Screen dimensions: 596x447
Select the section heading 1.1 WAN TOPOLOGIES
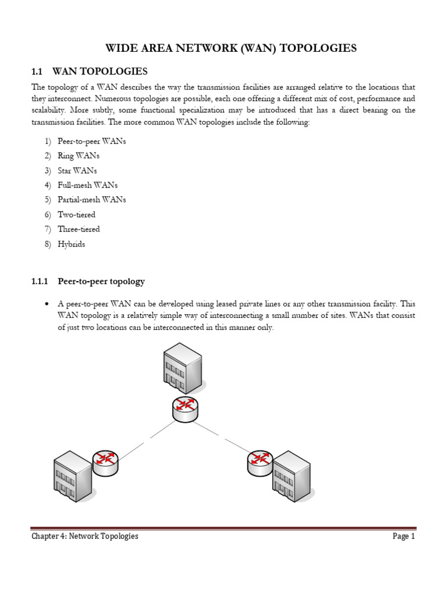pyautogui.click(x=90, y=72)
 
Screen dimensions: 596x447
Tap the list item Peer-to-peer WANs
pyautogui.click(x=91, y=141)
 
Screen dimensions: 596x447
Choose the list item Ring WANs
pyautogui.click(x=79, y=156)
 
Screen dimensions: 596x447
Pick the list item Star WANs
pyautogui.click(x=77, y=171)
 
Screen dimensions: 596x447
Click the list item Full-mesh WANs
pyautogui.click(x=87, y=185)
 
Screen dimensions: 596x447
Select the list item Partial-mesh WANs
pyautogui.click(x=91, y=200)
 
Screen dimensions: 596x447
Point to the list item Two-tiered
pyautogui.click(x=76, y=215)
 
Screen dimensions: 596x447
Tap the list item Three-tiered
pyautogui.click(x=79, y=229)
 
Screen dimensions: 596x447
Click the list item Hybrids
pyautogui.click(x=71, y=244)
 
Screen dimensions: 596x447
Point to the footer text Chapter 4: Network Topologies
pyautogui.click(x=85, y=536)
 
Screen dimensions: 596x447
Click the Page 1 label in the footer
pyautogui.click(x=403, y=536)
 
